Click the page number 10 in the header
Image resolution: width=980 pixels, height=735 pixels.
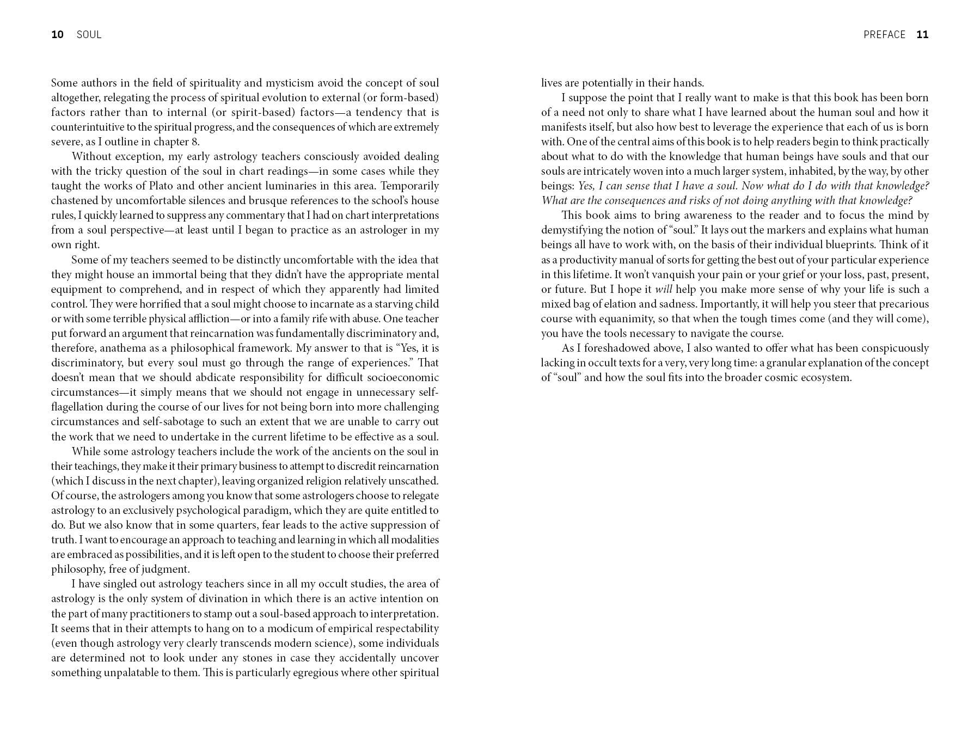pos(57,35)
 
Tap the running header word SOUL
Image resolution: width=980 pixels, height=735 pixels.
pos(89,35)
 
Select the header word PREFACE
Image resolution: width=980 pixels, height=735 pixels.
pos(884,35)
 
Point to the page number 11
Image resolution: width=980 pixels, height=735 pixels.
pos(922,35)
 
